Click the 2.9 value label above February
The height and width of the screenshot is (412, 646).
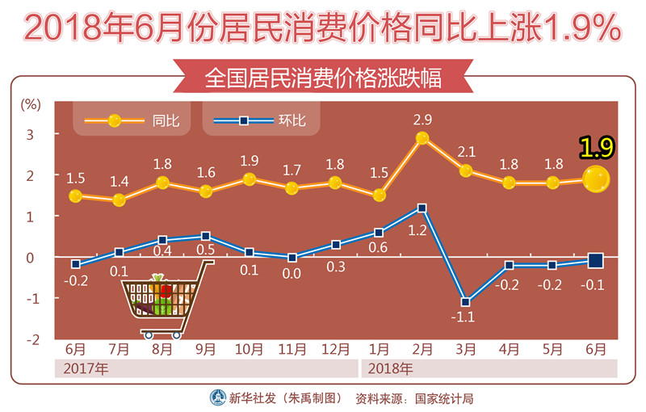coord(422,120)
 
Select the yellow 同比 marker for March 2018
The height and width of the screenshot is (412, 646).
coord(465,170)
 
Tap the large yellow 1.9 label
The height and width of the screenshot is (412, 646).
coord(597,147)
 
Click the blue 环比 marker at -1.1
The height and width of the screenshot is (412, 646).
coord(465,302)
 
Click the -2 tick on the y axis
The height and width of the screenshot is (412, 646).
coord(31,339)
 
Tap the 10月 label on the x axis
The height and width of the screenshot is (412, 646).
coord(249,350)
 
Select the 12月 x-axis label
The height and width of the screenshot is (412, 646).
coord(335,350)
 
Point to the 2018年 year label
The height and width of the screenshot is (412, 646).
coord(391,369)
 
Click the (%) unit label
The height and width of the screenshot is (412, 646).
coord(31,103)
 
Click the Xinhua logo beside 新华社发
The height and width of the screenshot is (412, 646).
coord(218,397)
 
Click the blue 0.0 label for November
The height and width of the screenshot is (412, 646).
coord(291,273)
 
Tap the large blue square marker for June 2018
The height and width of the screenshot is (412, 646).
coord(596,259)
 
